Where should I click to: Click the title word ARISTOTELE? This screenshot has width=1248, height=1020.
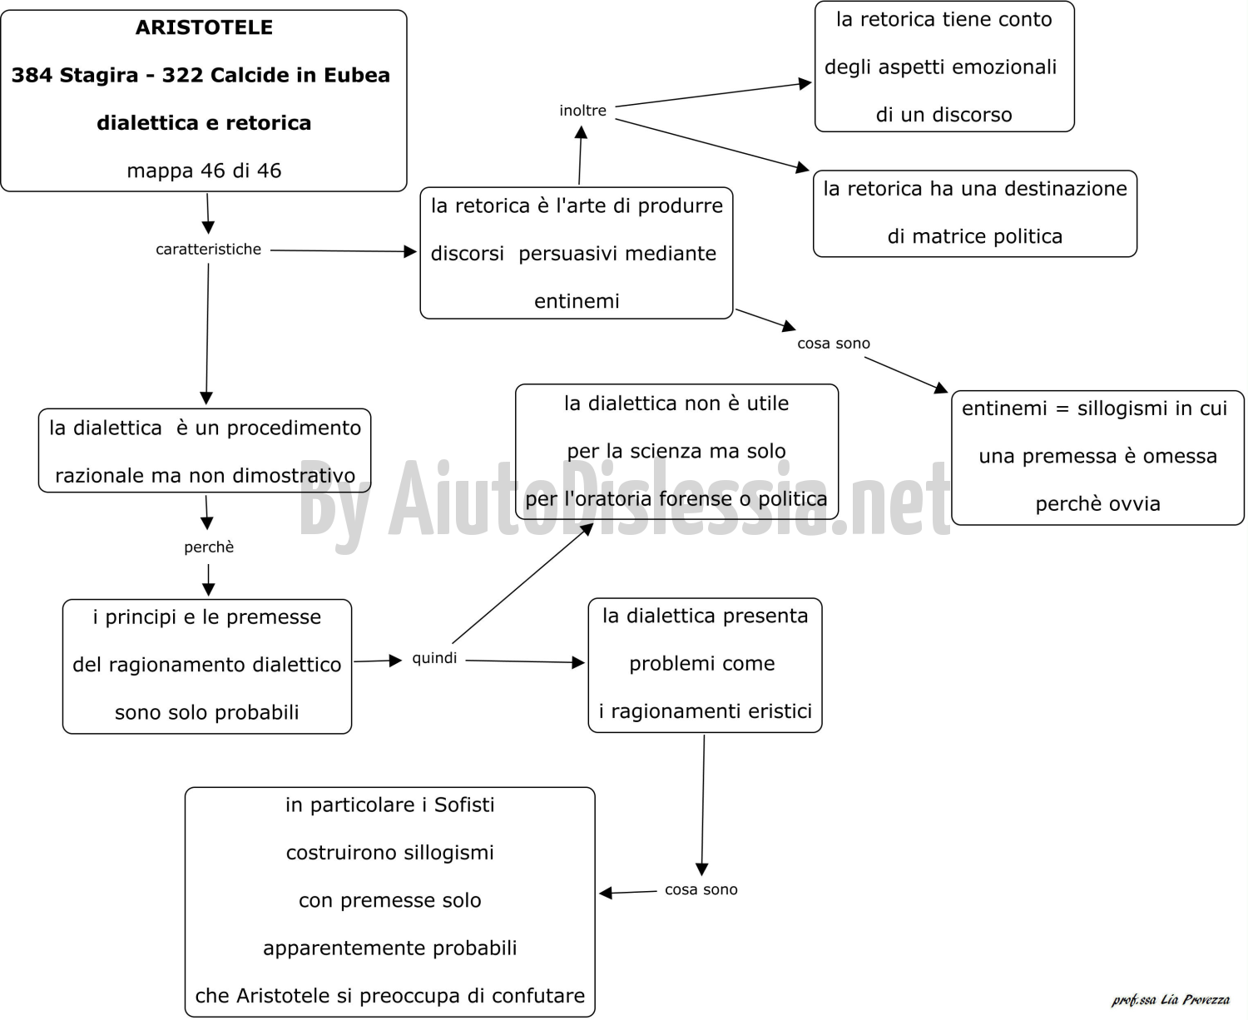(x=204, y=27)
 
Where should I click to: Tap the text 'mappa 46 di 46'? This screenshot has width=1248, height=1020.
(x=204, y=171)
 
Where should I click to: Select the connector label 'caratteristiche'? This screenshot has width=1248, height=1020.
(x=208, y=249)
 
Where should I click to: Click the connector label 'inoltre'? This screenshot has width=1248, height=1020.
(x=583, y=111)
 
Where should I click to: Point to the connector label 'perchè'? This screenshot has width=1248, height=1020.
(x=209, y=547)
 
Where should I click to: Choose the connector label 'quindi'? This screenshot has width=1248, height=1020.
(x=434, y=658)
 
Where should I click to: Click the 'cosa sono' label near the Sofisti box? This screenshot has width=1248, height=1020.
(x=701, y=889)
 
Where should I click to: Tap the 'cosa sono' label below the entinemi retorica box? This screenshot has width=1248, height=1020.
(x=834, y=343)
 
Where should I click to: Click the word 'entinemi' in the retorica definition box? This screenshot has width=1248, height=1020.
(x=577, y=301)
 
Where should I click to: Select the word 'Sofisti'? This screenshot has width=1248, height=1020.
(x=464, y=805)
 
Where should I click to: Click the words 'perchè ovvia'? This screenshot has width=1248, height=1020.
(x=1097, y=504)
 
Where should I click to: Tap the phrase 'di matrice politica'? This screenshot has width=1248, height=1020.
(x=974, y=236)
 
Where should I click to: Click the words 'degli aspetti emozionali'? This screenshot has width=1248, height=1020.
(x=940, y=67)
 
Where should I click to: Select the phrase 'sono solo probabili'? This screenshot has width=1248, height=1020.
(x=206, y=712)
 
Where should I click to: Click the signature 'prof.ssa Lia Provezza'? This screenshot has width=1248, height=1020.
(x=1171, y=999)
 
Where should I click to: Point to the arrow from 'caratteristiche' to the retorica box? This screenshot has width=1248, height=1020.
(x=344, y=251)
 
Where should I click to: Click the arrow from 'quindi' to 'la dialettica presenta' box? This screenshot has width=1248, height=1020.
(x=526, y=661)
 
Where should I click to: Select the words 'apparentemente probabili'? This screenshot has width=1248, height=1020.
(x=390, y=948)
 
